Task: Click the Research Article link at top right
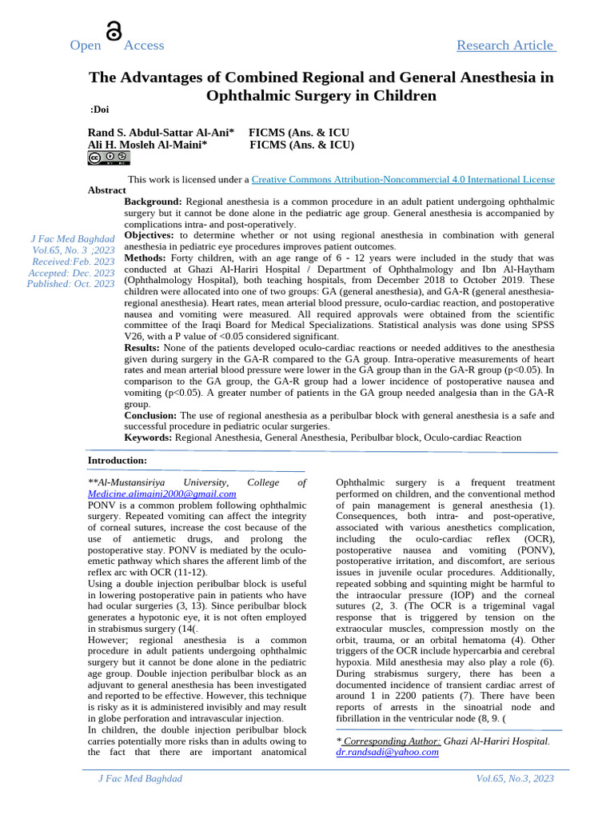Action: pos(505,46)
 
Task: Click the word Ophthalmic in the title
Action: pos(245,96)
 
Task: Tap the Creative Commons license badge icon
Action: pos(108,158)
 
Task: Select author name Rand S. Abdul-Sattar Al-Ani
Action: pos(161,132)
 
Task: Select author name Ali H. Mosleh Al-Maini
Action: pos(148,145)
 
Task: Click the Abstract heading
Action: pos(106,190)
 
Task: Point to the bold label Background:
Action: pos(153,202)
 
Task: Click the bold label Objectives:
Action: pos(150,235)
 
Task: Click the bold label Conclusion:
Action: pos(150,416)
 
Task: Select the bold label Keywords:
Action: pos(148,437)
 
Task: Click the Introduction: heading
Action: pos(117,461)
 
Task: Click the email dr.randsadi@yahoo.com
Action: pos(387,753)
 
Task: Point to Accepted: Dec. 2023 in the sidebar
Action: pos(71,273)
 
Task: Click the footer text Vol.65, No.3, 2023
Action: pos(514,778)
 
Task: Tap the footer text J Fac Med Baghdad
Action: pos(140,778)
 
